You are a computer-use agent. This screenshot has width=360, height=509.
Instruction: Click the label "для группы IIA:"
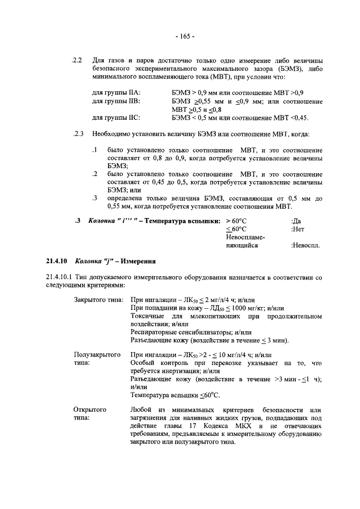pos(116,92)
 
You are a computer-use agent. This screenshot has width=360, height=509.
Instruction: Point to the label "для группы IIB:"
pos(115,101)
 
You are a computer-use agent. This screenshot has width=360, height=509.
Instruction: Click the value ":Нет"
pos(298,229)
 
